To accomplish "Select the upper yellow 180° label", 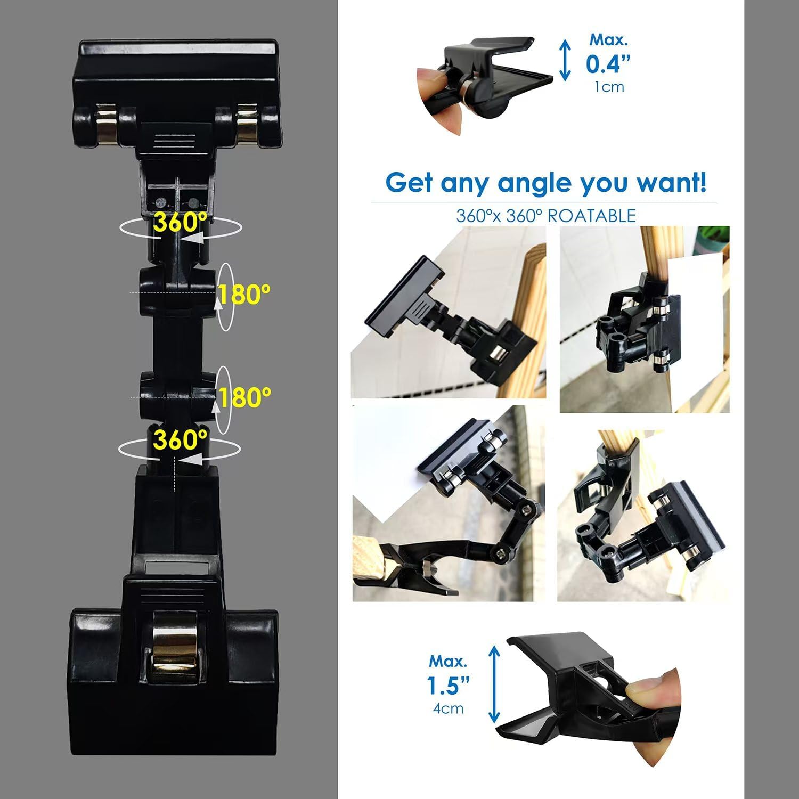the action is pos(245,294).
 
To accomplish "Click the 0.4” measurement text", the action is pos(608,64).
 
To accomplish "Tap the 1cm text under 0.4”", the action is pos(609,87).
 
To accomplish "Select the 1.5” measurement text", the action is pos(449,686).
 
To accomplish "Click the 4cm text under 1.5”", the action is pos(449,708).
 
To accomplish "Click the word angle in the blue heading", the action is pos(535,184).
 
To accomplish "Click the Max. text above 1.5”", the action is pos(449,661).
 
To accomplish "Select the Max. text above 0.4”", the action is pos(609,39).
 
